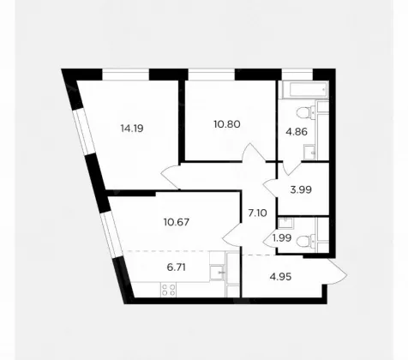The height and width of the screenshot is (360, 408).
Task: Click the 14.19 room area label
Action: [x=132, y=129]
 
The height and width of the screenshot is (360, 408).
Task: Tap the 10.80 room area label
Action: [x=227, y=124]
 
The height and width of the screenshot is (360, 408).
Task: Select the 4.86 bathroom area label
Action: [x=297, y=132]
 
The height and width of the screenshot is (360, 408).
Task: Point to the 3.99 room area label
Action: [x=301, y=189]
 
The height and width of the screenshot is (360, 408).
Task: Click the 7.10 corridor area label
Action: [x=257, y=213]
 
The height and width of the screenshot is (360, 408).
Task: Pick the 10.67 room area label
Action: [x=177, y=222]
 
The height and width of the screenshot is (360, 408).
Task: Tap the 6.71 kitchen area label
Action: [x=177, y=267]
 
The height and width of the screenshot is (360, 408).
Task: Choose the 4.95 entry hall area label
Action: [x=280, y=277]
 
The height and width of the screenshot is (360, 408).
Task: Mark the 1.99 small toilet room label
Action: [x=282, y=238]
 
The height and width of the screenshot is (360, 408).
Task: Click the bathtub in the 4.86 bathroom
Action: [x=305, y=90]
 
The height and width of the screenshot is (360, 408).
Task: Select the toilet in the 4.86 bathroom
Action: [x=305, y=112]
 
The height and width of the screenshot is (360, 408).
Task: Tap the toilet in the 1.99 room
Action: [x=306, y=241]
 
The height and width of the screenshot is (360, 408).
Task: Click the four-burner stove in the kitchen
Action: [x=168, y=290]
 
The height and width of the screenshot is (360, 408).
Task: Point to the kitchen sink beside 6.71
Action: [x=217, y=273]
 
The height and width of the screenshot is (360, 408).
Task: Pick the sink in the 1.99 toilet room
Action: [x=285, y=223]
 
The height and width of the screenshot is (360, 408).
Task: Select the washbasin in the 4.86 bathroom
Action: [x=309, y=152]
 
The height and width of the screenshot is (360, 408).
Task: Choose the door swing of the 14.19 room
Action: [x=171, y=177]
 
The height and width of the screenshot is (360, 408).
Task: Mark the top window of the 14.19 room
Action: [x=126, y=75]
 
